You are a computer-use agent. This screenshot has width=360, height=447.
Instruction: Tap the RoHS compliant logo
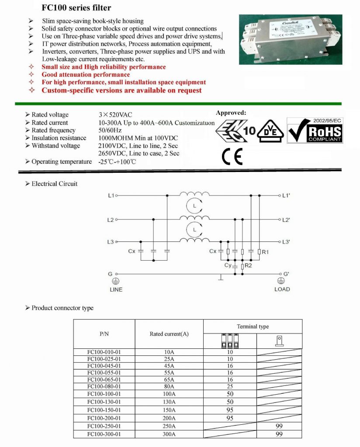tap(315, 129)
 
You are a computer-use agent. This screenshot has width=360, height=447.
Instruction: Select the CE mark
tap(232, 157)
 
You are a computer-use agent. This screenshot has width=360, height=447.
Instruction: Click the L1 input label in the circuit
tap(111, 196)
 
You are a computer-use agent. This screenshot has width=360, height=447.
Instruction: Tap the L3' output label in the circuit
tap(287, 242)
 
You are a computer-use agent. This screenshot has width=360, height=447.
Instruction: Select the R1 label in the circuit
tap(266, 252)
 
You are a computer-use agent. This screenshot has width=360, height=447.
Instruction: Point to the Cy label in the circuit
tap(228, 265)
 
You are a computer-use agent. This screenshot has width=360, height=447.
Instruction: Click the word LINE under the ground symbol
tap(116, 289)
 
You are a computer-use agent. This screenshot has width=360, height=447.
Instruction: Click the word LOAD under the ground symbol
tap(282, 289)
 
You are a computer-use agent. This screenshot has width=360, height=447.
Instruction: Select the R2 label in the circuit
tap(249, 265)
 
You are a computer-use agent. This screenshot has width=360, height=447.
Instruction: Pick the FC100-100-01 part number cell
tap(104, 394)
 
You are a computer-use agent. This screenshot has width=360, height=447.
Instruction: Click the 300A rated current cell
tap(169, 434)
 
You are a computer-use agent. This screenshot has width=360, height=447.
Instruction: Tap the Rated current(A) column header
tap(169, 334)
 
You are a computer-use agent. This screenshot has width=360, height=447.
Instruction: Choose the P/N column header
tap(104, 334)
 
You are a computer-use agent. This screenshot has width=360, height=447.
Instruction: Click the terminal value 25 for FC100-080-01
tap(230, 386)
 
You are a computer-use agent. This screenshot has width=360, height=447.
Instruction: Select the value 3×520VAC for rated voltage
tap(115, 115)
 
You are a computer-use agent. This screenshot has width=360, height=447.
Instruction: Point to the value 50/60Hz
tap(110, 131)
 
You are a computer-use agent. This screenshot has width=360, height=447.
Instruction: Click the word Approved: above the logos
tap(231, 113)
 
